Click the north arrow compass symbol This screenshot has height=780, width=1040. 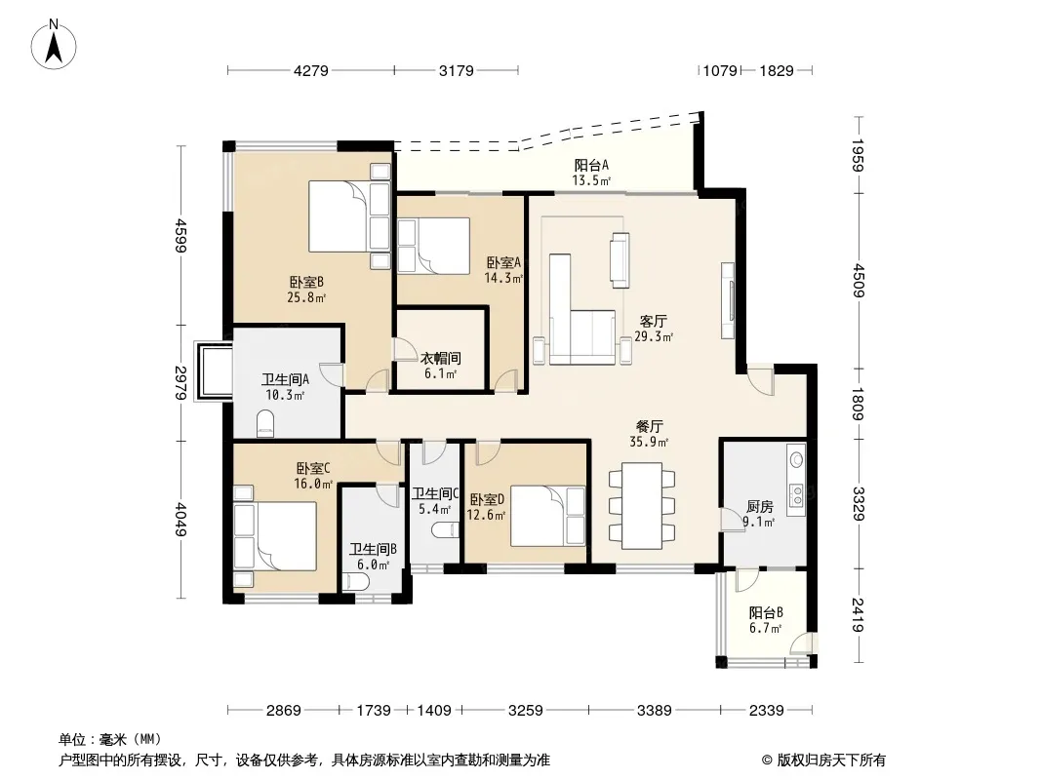click(x=54, y=45)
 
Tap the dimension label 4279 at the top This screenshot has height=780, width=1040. click(x=310, y=70)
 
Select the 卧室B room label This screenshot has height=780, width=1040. click(x=306, y=283)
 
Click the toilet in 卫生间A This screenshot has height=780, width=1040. click(x=265, y=423)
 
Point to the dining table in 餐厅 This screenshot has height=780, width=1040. click(x=642, y=506)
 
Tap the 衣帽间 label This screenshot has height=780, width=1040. click(x=440, y=359)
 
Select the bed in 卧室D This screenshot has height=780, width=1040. click(x=548, y=516)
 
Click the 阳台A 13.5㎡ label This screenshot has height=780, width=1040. click(x=591, y=173)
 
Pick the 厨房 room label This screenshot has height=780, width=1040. click(x=760, y=507)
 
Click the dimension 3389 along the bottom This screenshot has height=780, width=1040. click(x=654, y=711)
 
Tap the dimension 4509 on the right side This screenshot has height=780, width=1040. click(x=859, y=281)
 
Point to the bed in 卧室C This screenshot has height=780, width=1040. click(x=274, y=536)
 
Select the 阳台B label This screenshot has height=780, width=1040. click(x=766, y=612)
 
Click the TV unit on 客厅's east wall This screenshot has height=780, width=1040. click(x=728, y=301)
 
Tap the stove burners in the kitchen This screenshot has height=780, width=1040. click(x=796, y=491)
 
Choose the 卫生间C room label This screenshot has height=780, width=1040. click(x=435, y=493)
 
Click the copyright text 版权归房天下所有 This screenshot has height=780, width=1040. click(x=831, y=760)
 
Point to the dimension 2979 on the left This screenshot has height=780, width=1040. click(x=180, y=382)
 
